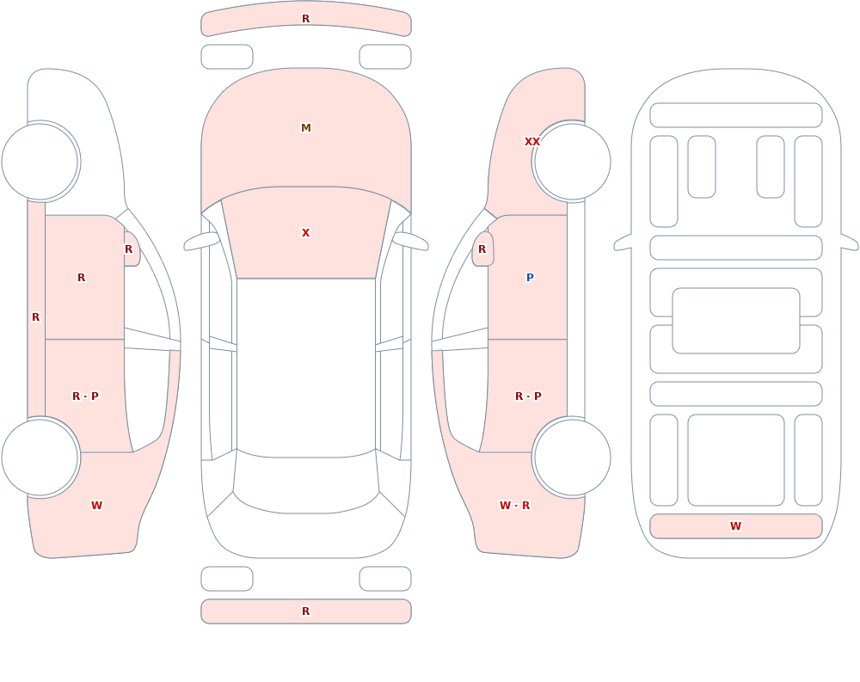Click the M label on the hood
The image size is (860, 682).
306,128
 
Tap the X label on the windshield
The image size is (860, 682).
306,233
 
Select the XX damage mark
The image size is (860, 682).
532,142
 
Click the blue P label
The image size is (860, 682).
530,278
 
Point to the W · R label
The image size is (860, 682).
514,506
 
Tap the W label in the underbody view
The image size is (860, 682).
735,526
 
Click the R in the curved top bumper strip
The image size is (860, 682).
306,19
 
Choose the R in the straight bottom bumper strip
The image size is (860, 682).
306,611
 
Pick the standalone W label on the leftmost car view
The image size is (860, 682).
96,506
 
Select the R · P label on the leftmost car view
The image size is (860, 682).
85,396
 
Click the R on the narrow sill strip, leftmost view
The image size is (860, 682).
35,317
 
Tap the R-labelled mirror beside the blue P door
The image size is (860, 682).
482,249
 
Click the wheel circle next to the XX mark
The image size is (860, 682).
573,162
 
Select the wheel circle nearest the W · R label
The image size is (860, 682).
573,457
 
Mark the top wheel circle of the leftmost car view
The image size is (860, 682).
40,162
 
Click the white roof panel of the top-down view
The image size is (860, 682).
306,367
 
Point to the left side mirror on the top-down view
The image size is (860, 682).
201,241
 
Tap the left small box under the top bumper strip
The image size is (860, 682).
227,57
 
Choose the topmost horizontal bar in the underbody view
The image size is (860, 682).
736,115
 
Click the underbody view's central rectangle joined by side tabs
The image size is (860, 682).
736,321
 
